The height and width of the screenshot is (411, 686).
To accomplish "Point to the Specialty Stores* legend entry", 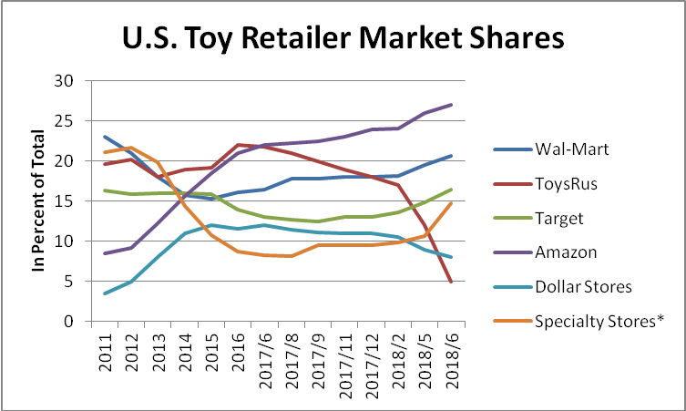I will point(603,321).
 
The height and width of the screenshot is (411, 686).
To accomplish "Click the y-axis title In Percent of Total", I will point(39,200).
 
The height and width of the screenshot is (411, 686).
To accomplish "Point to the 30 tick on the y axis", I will point(64,80).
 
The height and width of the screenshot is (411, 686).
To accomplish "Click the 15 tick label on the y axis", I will point(64,201).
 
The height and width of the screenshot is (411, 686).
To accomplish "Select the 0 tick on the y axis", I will point(68,322).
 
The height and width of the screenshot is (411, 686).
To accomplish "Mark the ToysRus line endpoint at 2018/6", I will point(451,282).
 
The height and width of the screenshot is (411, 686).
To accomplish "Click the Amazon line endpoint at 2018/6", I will point(451,105).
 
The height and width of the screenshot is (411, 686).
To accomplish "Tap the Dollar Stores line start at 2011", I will point(106,293).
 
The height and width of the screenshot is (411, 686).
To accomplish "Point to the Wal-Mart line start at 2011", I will point(106,137).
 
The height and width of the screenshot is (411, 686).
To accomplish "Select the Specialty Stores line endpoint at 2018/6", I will point(451,203).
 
